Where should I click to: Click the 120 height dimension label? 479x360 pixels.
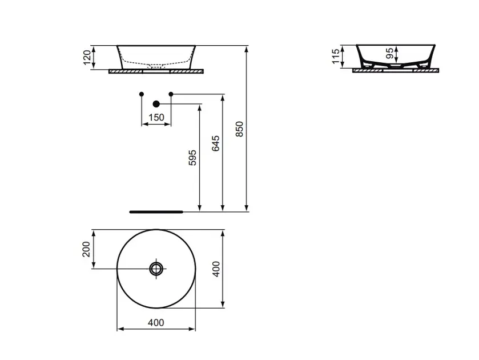(87, 57)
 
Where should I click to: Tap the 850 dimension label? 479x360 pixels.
(240, 129)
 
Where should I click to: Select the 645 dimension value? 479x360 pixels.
(216, 143)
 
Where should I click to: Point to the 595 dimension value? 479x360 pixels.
(192, 158)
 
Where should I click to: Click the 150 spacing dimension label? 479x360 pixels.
(156, 118)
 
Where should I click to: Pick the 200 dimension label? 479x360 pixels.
(86, 249)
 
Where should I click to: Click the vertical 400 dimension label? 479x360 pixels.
(216, 269)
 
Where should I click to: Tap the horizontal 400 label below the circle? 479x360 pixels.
(156, 322)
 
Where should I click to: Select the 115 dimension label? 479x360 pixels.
(336, 56)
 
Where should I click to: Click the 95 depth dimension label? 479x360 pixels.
(390, 53)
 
